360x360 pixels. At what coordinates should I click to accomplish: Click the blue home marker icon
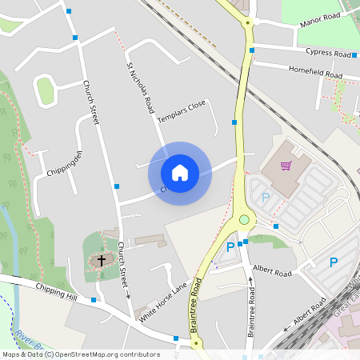[x=180, y=172]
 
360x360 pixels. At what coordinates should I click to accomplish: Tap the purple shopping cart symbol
[x=286, y=166]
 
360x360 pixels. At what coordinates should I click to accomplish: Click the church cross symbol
[x=102, y=259]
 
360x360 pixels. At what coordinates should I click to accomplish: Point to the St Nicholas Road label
[x=140, y=86]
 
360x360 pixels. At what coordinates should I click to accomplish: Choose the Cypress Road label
[x=328, y=54]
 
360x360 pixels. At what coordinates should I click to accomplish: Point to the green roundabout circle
[x=244, y=219]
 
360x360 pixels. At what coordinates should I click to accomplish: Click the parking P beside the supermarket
[x=266, y=197]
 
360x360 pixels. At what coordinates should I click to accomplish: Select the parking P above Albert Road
[x=230, y=247]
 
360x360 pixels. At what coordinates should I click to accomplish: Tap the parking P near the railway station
[x=334, y=262]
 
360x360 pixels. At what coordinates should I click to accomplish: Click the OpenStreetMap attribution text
[x=80, y=354]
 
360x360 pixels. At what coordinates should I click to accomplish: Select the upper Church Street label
[x=90, y=102]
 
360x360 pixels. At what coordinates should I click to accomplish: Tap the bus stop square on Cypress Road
[x=252, y=50]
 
